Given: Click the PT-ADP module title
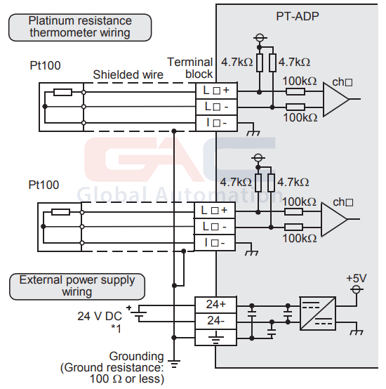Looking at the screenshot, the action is [298, 16].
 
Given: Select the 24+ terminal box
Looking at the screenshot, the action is [215, 305].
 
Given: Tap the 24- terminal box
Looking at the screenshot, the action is [215, 321].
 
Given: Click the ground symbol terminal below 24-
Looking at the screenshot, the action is [215, 338].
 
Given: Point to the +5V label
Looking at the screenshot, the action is [357, 278].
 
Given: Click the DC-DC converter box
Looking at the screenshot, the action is [318, 314].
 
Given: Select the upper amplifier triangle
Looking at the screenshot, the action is [336, 99].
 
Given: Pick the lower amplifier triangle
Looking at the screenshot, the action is [334, 219].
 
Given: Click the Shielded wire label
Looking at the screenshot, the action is [128, 74].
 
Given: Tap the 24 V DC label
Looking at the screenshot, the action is [100, 316].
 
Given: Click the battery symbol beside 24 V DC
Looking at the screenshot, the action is [138, 313].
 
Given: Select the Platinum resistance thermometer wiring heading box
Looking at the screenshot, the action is [80, 27].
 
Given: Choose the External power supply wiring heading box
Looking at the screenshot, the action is [77, 286].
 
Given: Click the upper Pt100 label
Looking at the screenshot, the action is [45, 66].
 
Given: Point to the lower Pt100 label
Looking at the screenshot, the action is [44, 185].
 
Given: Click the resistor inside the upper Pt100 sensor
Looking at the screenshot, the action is [63, 92].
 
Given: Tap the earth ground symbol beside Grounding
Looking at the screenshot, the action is [174, 364].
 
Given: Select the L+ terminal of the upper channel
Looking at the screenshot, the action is [216, 91].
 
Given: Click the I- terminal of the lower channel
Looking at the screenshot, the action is [215, 243].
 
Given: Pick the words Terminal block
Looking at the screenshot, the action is [190, 68].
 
